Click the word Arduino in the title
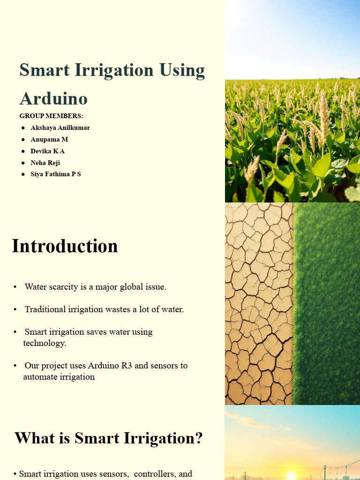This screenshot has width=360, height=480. [x=53, y=98]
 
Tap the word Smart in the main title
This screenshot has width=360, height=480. [x=45, y=70]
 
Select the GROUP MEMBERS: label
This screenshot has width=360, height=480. [x=51, y=116]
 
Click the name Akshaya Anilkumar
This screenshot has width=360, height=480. [x=60, y=127]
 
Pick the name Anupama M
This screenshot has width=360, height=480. [x=49, y=139]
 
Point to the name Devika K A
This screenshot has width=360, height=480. [x=47, y=151]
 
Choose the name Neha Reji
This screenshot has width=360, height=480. [x=45, y=163]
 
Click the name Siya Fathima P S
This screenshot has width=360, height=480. [x=56, y=174]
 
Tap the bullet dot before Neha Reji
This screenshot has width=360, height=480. [x=23, y=163]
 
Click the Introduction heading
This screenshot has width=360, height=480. [x=65, y=246]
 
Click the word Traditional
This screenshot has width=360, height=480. [x=45, y=309]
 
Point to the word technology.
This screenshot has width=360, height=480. [x=45, y=343]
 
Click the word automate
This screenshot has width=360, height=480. [x=39, y=377]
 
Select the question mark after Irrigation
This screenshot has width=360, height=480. [x=199, y=438]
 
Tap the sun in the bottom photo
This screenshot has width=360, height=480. [x=292, y=476]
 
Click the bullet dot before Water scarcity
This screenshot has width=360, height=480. [x=15, y=287]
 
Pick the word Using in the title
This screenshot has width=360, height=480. [x=182, y=70]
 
